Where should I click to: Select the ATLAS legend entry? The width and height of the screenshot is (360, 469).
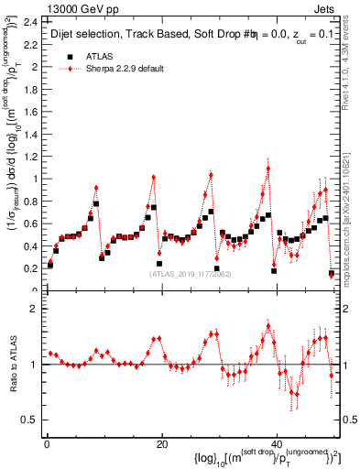point(100,56)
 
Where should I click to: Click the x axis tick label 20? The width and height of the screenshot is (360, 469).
point(162,443)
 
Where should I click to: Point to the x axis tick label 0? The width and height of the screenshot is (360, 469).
point(47,443)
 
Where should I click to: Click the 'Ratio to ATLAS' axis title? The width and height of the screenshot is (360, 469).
point(13,364)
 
